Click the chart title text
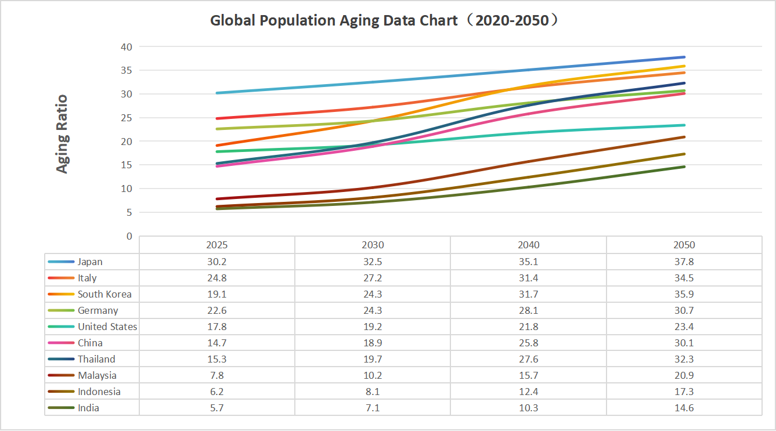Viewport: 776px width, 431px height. pos(384,21)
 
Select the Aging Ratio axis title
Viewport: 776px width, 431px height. pos(62,134)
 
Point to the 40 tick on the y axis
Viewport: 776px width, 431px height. pos(127,46)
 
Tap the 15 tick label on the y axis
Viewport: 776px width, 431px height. pos(127,165)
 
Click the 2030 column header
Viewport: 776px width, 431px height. pos(373,245)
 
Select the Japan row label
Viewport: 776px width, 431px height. pos(90,262)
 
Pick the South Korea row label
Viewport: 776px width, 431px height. pos(104,294)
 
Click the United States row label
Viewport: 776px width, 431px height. pos(107,327)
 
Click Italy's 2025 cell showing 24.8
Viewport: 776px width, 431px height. pos(217,278)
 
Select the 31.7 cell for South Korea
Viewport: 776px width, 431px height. pos(529,294)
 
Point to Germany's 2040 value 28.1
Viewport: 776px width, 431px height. pos(529,310)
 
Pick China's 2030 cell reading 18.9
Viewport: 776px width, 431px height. pos(373,343)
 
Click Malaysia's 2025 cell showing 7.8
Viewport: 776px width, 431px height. pos(217,375)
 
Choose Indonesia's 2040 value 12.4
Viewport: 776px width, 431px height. pos(529,392)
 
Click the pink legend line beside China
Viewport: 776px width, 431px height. pos(61,343)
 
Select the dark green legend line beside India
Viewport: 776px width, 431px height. pos(61,408)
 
